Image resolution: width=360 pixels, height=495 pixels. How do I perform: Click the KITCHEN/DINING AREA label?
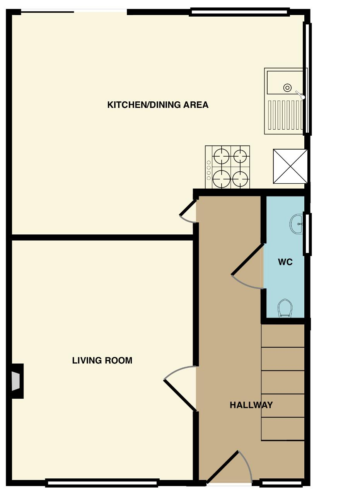(x=158, y=105)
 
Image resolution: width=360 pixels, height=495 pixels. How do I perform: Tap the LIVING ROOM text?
(x=102, y=360)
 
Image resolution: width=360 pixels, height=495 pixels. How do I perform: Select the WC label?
(x=285, y=262)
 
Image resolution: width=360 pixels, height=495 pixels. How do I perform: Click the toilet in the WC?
(x=285, y=308)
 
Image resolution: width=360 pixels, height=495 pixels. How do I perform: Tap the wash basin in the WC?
(x=296, y=224)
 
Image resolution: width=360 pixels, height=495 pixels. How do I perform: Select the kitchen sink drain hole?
(x=287, y=88)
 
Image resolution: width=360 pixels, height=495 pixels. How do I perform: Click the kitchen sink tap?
(x=300, y=94)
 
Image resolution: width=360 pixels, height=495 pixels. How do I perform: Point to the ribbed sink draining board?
(x=285, y=115)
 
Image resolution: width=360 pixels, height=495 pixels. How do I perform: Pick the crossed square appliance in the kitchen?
(x=290, y=166)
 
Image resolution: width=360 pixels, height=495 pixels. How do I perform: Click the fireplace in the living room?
(x=16, y=381)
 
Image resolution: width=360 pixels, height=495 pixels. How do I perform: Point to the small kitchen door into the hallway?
(x=188, y=208)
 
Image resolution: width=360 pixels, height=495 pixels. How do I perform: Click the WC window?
(x=307, y=234)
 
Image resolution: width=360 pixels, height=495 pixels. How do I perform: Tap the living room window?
(x=102, y=483)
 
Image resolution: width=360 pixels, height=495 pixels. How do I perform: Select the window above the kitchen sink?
(x=307, y=79)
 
